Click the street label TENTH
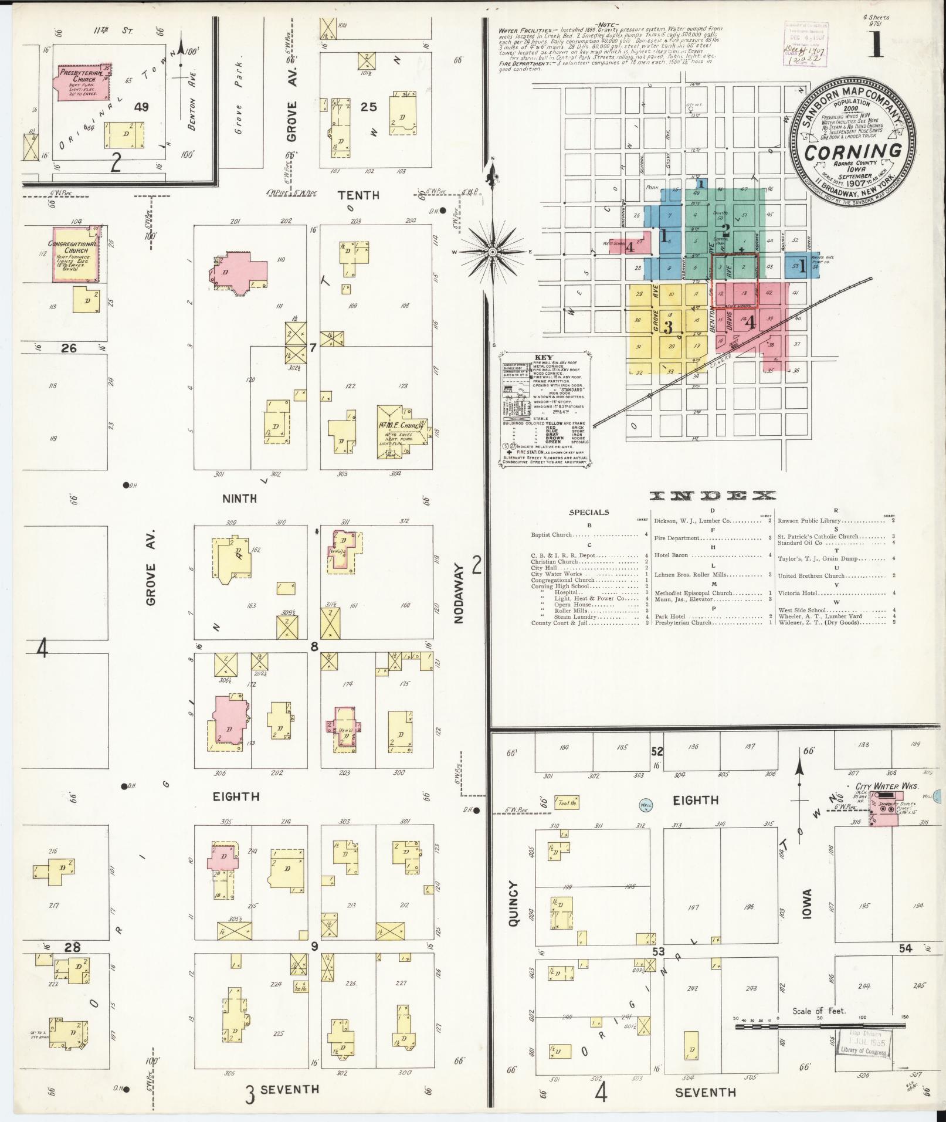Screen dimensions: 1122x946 (358, 195)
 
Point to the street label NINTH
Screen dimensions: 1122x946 (239, 499)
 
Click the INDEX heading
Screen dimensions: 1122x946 (712, 496)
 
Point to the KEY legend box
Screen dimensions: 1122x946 (545, 411)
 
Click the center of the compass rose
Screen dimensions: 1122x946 (493, 252)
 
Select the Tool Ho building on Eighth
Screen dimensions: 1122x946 (567, 803)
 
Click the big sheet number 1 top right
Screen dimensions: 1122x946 (876, 42)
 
